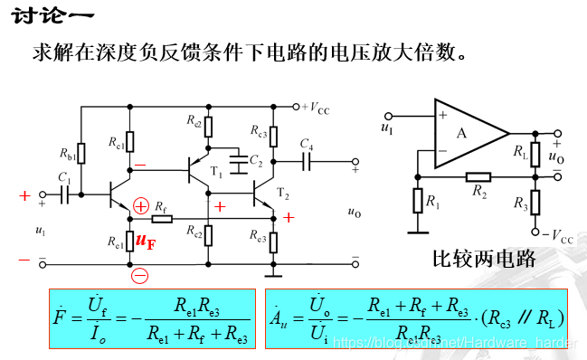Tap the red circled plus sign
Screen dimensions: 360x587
[140, 206]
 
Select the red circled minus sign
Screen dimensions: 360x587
[139, 276]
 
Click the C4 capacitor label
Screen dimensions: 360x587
[307, 146]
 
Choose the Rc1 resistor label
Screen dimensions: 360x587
[115, 142]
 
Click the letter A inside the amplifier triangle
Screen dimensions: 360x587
[462, 133]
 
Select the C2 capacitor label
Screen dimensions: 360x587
[257, 160]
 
